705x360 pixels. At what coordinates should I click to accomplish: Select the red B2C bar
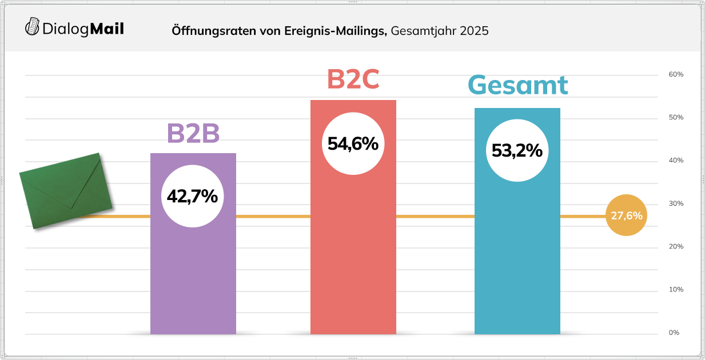coord(353,257)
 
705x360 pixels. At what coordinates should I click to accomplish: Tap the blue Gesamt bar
coord(517,263)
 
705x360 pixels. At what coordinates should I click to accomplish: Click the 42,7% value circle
coord(192,196)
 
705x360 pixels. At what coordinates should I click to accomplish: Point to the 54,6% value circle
coord(353,143)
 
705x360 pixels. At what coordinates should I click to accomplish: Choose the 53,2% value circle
coord(517,151)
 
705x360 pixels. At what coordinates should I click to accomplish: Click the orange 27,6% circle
coord(626,216)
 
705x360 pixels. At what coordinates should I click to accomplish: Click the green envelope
coord(65,190)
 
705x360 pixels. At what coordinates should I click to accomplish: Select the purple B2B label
coord(193,134)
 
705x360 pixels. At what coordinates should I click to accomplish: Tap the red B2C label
coord(353,79)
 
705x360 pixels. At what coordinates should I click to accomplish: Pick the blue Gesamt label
coord(517,85)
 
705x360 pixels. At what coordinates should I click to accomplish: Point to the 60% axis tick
coord(676,75)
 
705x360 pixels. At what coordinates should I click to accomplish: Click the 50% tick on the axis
coord(676,118)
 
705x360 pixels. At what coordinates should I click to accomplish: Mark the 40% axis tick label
coord(676,161)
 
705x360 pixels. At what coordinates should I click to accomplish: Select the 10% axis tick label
coord(676,290)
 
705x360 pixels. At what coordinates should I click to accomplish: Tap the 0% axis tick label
coord(674,333)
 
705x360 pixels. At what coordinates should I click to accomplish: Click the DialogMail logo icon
coord(33,27)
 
